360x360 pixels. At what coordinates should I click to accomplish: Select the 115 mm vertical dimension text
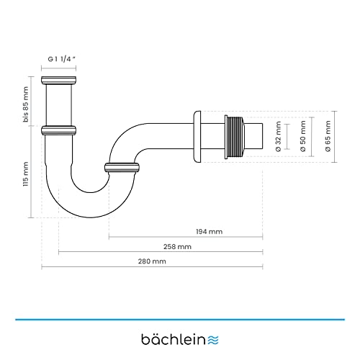27,174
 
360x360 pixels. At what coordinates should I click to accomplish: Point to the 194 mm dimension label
210,231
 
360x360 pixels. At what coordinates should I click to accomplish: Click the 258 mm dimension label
161,246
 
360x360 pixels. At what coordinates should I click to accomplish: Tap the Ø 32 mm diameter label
277,137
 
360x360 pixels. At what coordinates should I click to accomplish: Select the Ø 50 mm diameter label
303,137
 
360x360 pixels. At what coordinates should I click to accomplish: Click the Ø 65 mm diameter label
328,137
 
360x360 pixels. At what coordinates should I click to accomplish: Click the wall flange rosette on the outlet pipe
197,137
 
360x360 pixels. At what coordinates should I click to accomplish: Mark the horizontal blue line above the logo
180,318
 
